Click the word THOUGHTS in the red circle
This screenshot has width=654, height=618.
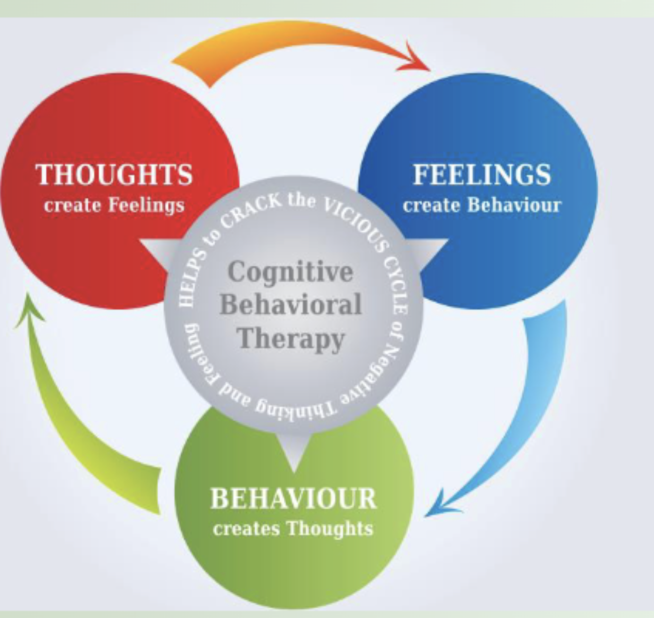pyautogui.click(x=114, y=175)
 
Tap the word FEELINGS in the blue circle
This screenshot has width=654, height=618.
pyautogui.click(x=482, y=175)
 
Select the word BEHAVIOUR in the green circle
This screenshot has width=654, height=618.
pyautogui.click(x=293, y=499)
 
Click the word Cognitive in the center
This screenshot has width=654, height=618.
pyautogui.click(x=290, y=271)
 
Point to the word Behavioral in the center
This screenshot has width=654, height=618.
pyautogui.click(x=290, y=305)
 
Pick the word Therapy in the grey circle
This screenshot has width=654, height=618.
pyautogui.click(x=291, y=339)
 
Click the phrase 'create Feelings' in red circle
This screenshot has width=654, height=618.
pyautogui.click(x=114, y=205)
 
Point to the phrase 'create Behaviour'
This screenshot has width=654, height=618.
pyautogui.click(x=482, y=205)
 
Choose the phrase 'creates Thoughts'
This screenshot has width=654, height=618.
pyautogui.click(x=293, y=529)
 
